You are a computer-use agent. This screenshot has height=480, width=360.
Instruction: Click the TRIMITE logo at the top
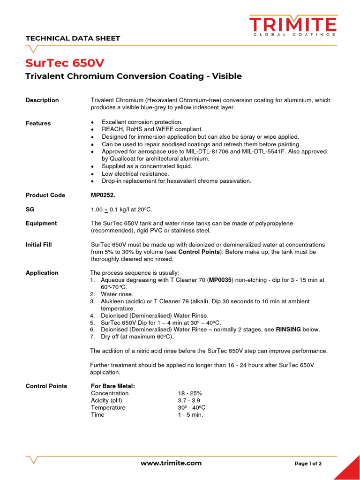(292, 25)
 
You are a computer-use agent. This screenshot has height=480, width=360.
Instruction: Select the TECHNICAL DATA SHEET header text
(73, 38)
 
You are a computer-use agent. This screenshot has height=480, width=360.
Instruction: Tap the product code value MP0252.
(102, 195)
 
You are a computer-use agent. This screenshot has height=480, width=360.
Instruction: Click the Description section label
(42, 100)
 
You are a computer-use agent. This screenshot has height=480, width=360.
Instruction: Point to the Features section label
(38, 123)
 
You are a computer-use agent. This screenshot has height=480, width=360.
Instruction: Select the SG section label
(30, 209)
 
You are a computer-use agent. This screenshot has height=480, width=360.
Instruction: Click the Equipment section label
(41, 223)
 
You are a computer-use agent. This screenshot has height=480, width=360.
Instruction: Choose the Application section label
(42, 272)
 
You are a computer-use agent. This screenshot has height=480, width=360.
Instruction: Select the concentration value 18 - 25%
(190, 393)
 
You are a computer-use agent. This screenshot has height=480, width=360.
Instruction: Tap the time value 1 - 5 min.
(190, 414)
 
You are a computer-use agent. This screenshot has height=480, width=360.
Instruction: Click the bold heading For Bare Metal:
(113, 386)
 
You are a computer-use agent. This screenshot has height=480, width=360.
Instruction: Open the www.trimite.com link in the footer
(171, 463)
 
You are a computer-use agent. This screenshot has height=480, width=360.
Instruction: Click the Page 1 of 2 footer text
(308, 464)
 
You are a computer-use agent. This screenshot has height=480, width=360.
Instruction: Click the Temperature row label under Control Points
(108, 407)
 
